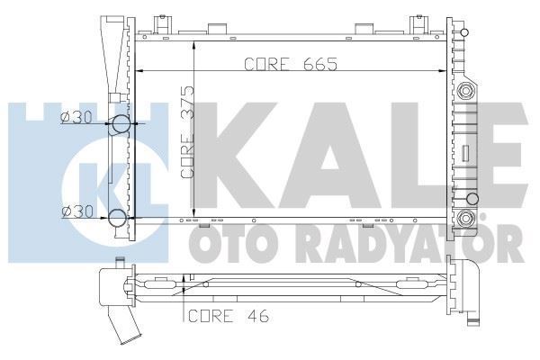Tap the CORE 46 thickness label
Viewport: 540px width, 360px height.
click(x=226, y=315)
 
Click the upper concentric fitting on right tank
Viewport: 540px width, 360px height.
click(x=465, y=91)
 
